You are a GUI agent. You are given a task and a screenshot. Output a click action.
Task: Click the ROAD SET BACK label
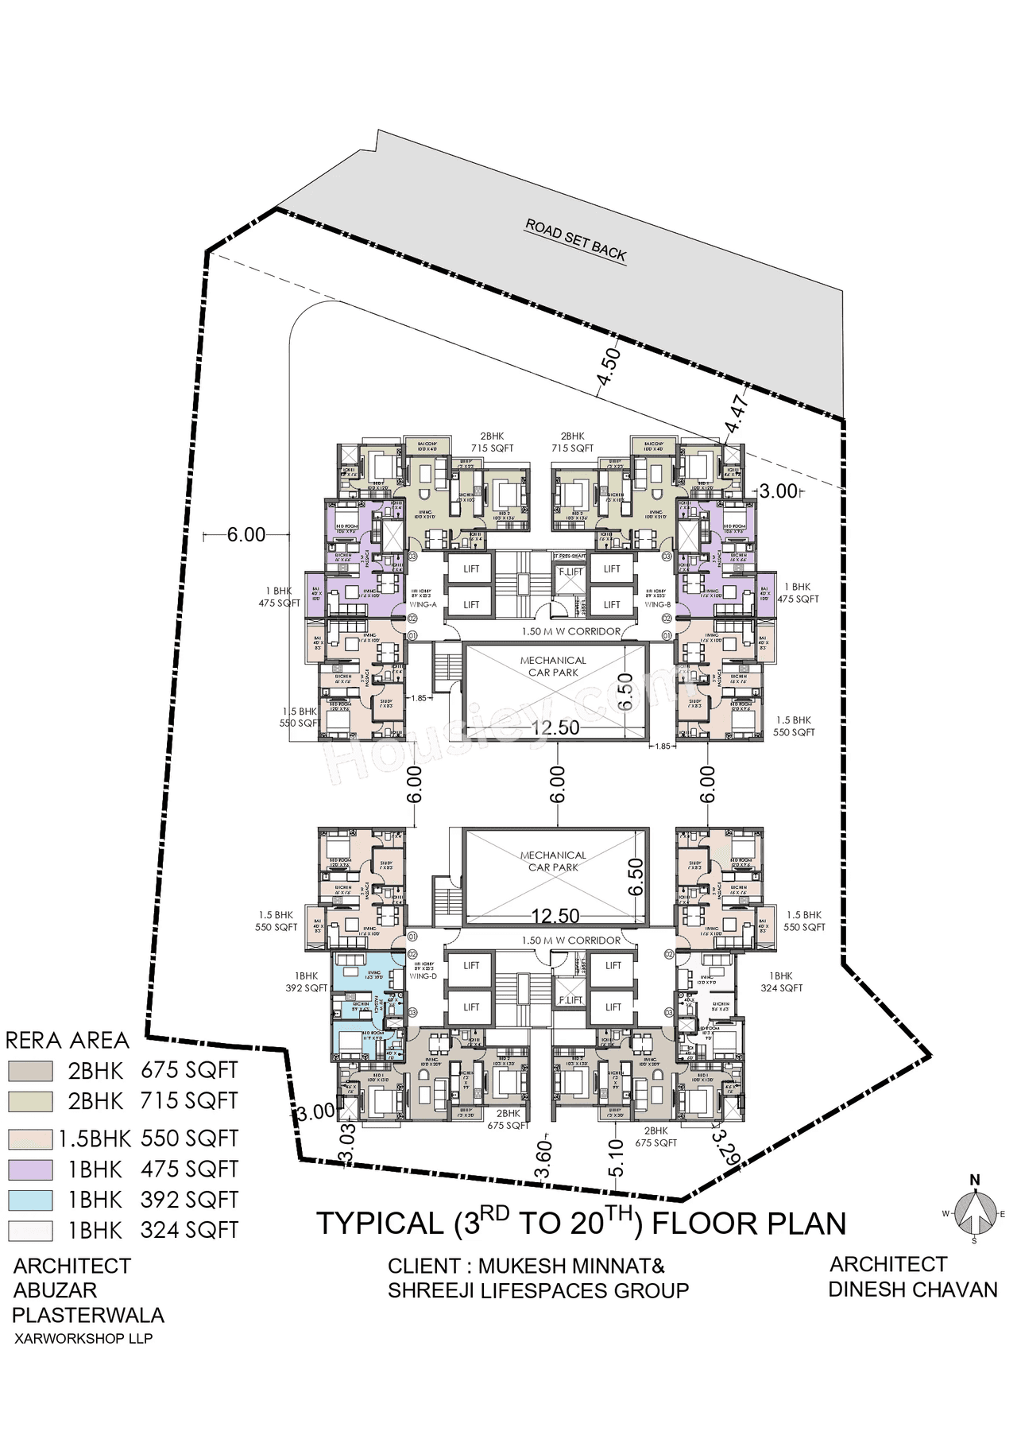576,240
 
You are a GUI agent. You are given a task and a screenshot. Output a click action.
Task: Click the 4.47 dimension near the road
737,415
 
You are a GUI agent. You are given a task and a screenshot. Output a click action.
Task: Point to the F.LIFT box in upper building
570,572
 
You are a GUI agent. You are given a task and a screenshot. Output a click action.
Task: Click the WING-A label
423,605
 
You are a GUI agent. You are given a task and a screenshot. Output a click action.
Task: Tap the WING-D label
423,975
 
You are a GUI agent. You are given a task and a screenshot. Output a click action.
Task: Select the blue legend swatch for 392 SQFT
31,1200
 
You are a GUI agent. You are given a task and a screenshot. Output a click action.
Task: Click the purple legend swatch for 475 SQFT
31,1169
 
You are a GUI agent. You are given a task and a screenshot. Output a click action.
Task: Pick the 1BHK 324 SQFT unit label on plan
780,982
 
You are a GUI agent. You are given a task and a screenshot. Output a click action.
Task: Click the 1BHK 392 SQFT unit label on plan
307,982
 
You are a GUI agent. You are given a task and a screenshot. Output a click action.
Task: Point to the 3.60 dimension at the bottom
544,1160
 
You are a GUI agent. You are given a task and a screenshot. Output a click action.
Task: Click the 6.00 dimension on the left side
246,535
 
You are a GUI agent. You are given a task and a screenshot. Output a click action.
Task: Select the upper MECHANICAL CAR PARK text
553,666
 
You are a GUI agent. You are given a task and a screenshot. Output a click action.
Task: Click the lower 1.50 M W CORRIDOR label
570,941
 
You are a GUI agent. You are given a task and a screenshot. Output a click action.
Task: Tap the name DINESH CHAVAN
912,1289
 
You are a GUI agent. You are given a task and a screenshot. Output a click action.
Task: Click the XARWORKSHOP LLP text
83,1338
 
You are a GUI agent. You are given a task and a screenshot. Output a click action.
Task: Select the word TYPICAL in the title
379,1224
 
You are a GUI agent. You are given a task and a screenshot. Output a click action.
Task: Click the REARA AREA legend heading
67,1041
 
